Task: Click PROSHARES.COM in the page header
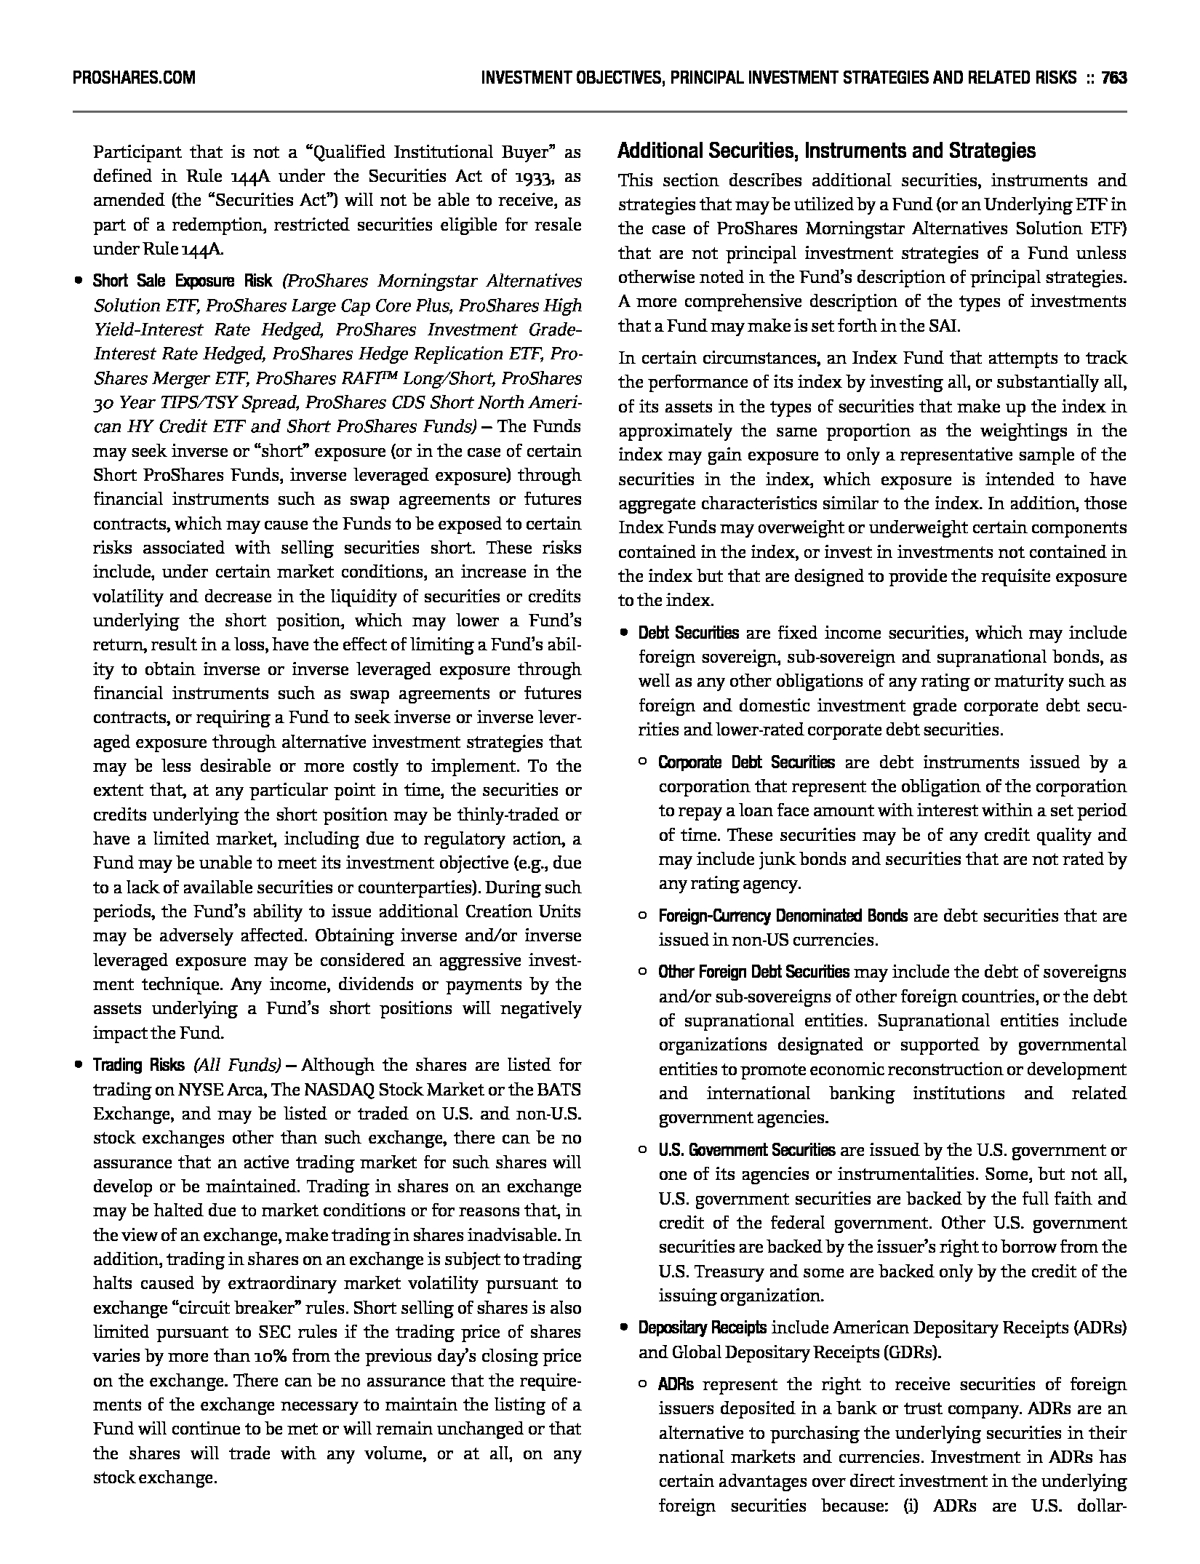point(134,78)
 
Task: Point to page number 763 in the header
point(1113,78)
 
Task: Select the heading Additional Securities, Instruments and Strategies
point(826,151)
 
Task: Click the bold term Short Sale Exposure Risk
point(183,282)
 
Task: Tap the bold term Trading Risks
point(138,1066)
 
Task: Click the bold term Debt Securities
point(688,634)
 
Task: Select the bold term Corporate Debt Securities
point(746,763)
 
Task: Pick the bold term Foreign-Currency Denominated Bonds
point(783,916)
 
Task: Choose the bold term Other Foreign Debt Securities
point(753,973)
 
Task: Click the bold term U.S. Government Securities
point(747,1151)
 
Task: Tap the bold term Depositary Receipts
point(702,1328)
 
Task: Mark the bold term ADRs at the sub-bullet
point(676,1385)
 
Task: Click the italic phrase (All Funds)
point(237,1066)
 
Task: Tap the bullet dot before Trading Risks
point(77,1066)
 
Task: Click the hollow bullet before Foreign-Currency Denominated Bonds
point(642,915)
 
